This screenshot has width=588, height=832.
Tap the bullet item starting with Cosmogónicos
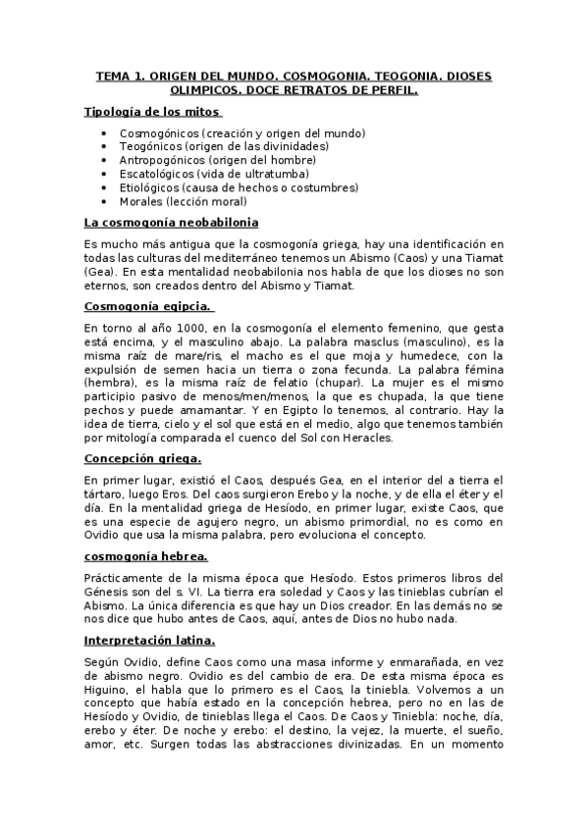[242, 132]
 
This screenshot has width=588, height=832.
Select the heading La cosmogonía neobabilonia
[171, 223]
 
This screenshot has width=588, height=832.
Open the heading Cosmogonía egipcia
[147, 306]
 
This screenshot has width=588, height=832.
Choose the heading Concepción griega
[143, 459]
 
